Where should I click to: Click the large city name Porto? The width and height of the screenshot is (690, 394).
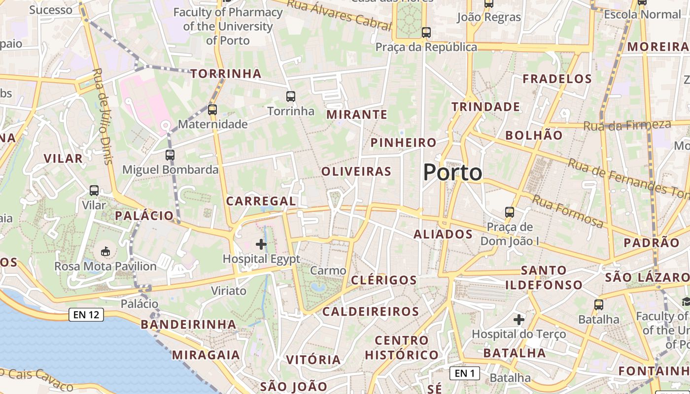tap(452, 172)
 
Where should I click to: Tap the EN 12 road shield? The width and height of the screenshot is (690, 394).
tap(86, 314)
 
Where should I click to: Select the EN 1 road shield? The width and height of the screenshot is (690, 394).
tap(465, 373)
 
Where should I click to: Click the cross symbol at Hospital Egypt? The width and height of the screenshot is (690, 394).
tap(261, 244)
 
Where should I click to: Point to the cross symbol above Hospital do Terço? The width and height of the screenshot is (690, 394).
tap(518, 320)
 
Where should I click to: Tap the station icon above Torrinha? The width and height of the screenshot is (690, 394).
tap(291, 96)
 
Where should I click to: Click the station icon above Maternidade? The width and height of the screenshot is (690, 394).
tap(212, 109)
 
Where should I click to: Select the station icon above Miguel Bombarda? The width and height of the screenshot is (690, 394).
tap(170, 155)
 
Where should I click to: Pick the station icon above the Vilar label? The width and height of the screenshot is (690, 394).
tap(94, 190)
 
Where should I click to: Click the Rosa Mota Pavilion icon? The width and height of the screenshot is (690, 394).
tap(105, 252)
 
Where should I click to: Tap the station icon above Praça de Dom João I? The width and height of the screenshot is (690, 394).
tap(510, 212)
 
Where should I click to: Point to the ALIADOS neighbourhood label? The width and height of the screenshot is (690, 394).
tap(443, 234)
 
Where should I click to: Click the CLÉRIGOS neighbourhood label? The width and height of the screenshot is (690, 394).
tap(383, 280)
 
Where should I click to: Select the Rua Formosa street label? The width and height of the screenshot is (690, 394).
tap(567, 211)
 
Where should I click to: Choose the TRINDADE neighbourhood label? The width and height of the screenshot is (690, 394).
tap(485, 107)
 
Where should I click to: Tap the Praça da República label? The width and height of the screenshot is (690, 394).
tap(426, 47)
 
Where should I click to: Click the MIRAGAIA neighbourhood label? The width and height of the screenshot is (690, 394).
tap(206, 355)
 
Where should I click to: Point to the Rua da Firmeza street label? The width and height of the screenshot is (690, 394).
tap(627, 125)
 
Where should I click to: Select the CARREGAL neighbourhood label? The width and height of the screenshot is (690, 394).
tap(261, 201)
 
